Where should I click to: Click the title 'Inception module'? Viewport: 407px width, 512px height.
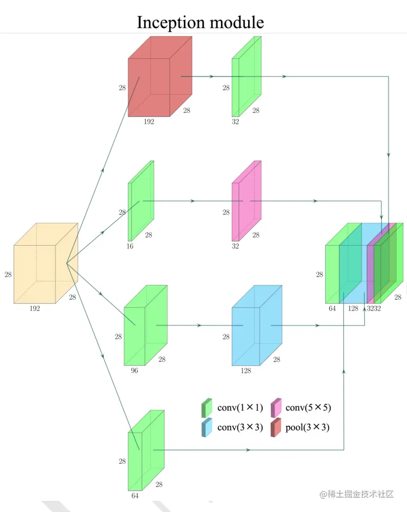[x=200, y=22]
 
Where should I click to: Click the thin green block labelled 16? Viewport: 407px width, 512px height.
[x=139, y=204]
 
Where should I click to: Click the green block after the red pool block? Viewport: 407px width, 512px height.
[x=245, y=79]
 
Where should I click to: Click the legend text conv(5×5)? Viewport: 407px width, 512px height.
[x=308, y=407]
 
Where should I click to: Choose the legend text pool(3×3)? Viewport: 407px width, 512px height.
[x=307, y=427]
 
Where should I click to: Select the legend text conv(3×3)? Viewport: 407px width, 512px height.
[x=240, y=427]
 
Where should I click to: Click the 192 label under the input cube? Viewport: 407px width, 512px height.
[x=34, y=308]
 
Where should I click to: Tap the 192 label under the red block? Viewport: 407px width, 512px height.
[x=149, y=122]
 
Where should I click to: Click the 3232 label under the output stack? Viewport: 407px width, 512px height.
[x=374, y=308]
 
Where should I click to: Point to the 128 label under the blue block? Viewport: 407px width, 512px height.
[x=245, y=370]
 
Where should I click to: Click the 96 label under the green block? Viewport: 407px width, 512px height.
[x=134, y=370]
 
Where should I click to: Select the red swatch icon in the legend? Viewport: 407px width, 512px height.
[x=276, y=428]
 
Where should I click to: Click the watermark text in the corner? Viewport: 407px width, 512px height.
[x=357, y=494]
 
